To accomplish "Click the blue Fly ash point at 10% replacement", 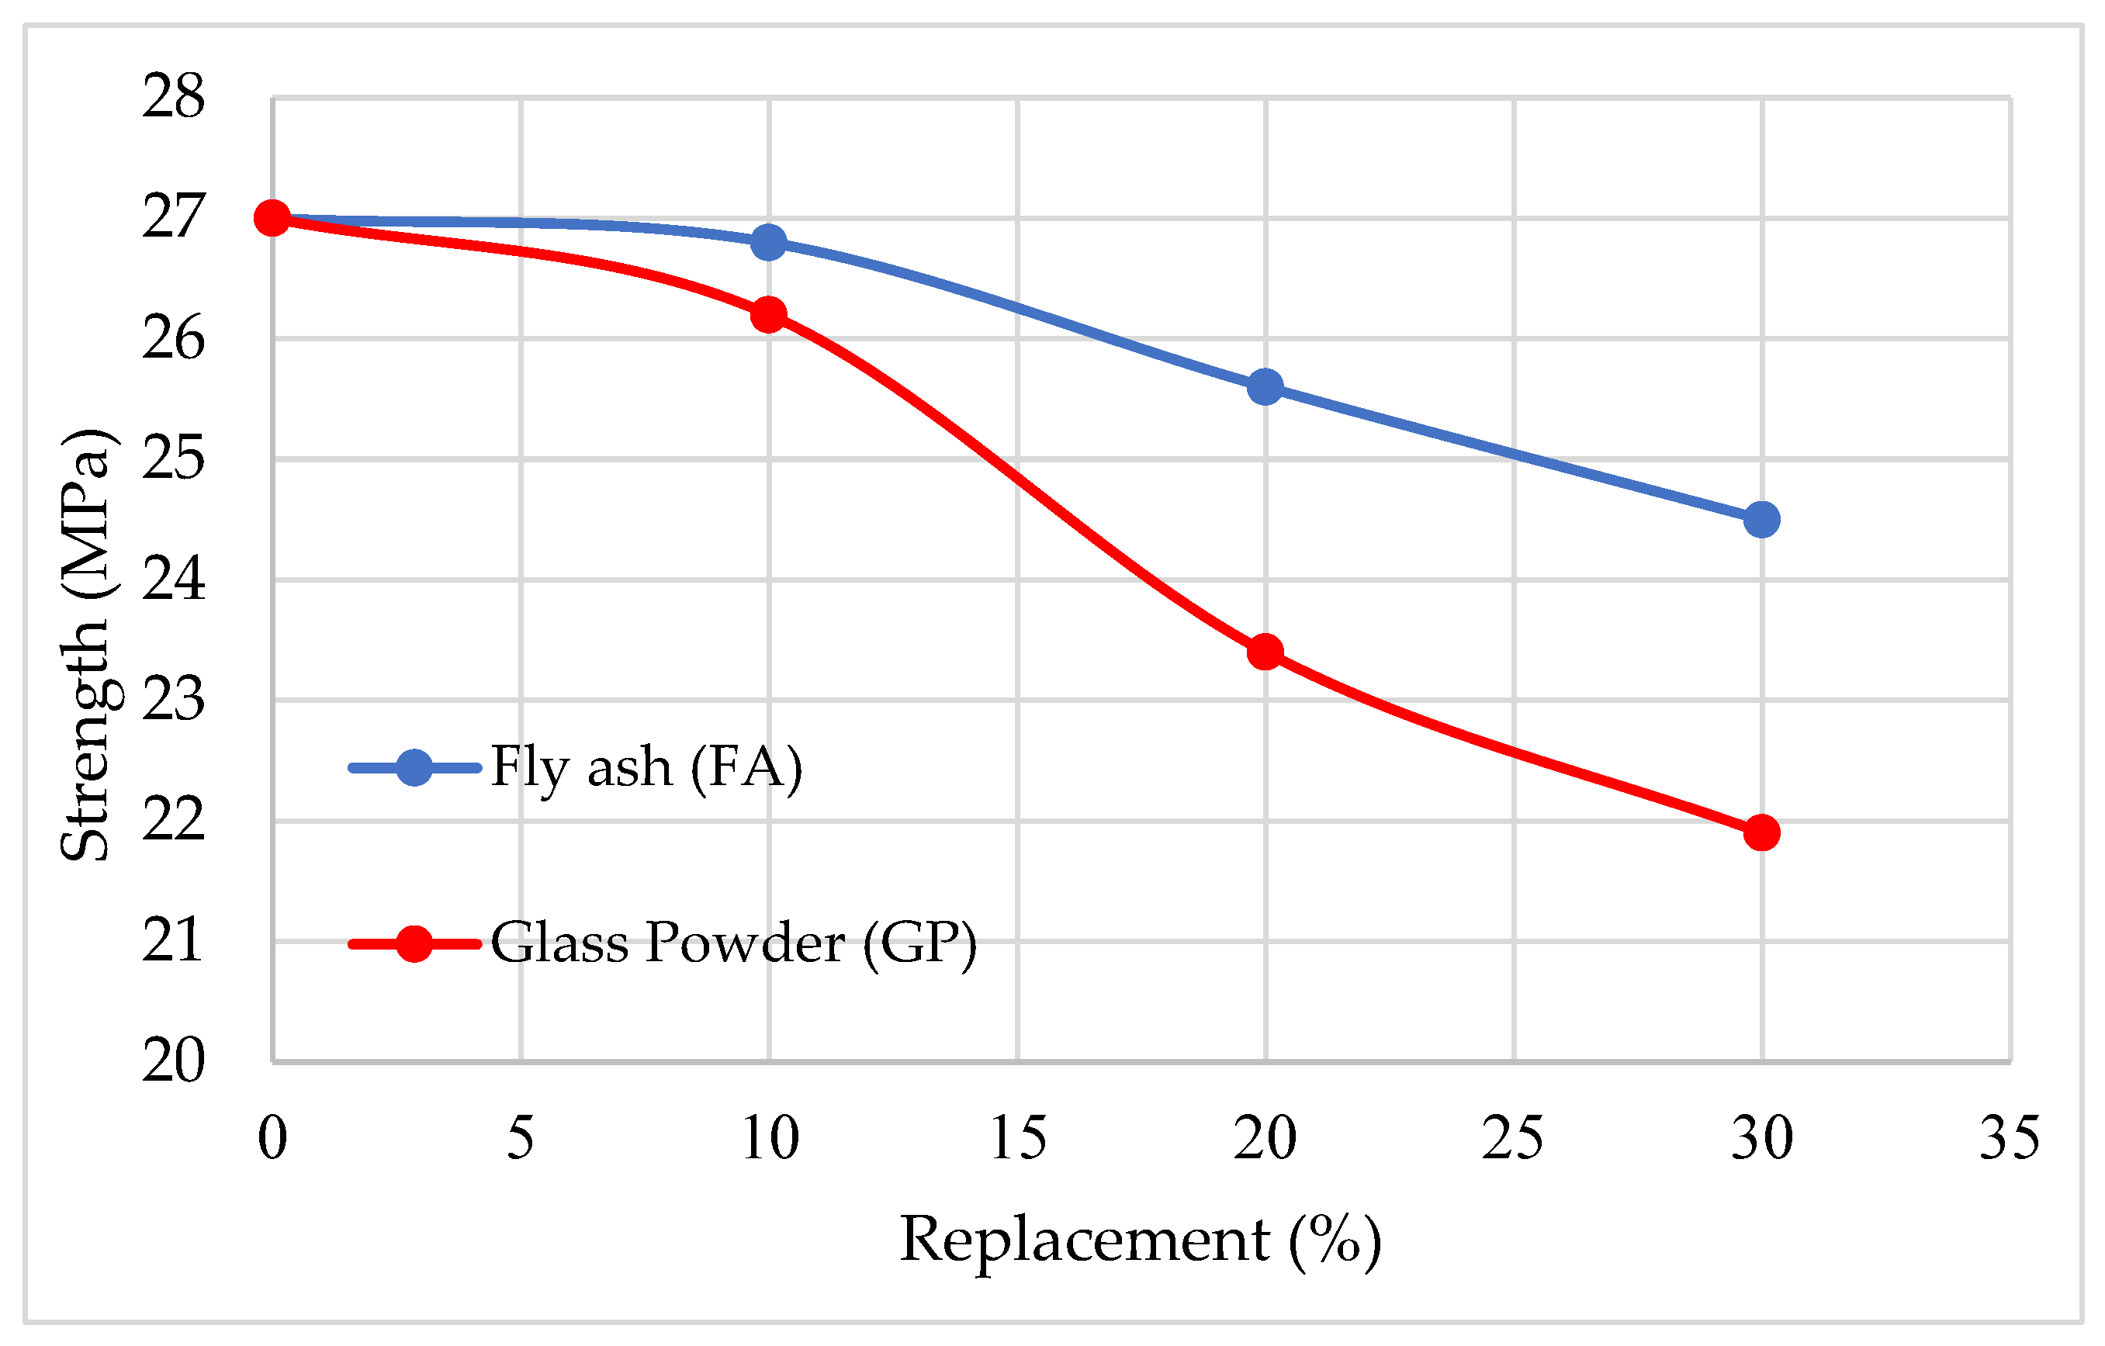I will (768, 242).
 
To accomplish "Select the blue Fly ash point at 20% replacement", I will (1265, 386).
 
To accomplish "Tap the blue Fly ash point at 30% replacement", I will (1761, 520).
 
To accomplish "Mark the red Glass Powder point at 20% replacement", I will (1265, 652).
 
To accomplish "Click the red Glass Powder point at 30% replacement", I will (1761, 833).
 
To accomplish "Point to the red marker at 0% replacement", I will (272, 218).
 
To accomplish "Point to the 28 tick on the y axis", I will (174, 97).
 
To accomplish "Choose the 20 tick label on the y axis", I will (174, 1061).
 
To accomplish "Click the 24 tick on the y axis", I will (174, 580).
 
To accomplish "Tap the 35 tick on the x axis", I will (2010, 1139).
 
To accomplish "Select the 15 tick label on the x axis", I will (1017, 1139).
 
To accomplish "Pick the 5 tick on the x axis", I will (520, 1139).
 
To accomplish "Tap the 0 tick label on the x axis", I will (272, 1139).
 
